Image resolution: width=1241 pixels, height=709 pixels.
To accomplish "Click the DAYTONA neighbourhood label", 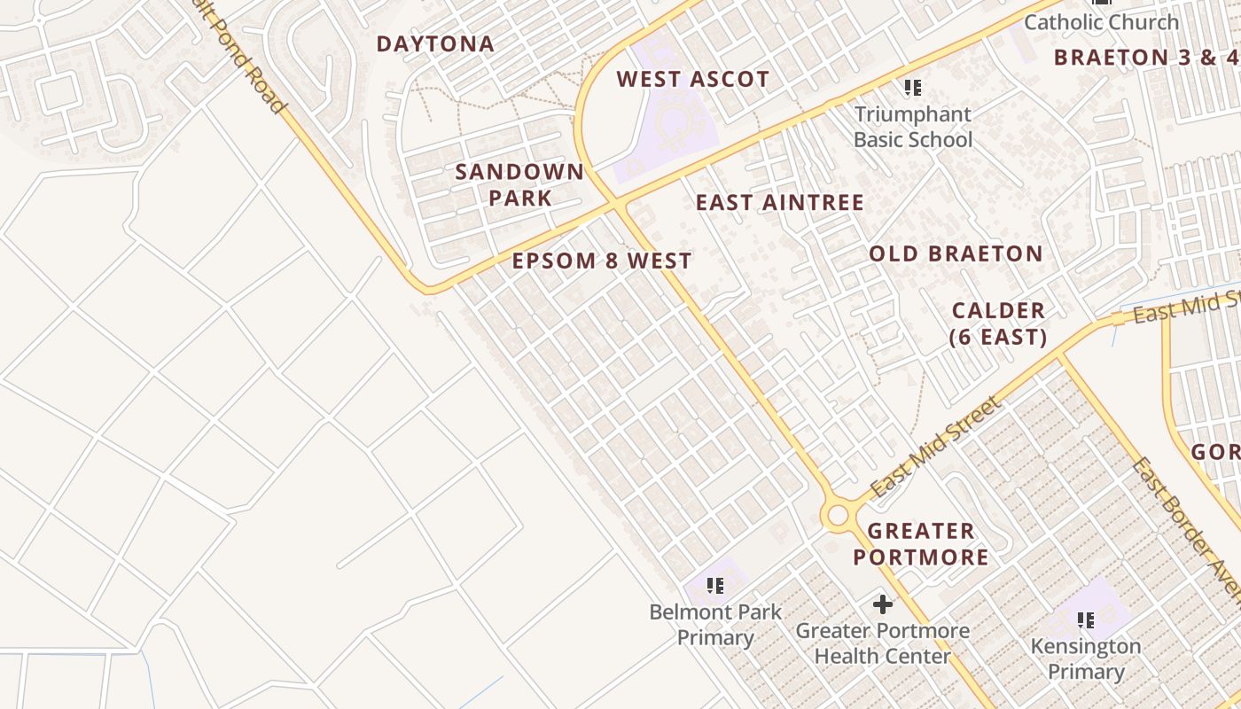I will (435, 44).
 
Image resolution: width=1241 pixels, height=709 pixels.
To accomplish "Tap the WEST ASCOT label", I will (692, 80).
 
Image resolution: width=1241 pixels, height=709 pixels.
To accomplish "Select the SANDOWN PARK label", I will (519, 184).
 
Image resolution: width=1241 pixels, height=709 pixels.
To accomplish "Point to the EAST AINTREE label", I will (779, 203).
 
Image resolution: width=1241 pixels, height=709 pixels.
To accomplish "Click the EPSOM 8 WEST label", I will (602, 261).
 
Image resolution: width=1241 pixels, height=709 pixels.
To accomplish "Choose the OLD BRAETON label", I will (956, 254).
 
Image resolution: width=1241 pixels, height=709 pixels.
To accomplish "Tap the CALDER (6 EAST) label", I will (998, 323).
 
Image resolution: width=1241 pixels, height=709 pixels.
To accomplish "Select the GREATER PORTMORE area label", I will (920, 544).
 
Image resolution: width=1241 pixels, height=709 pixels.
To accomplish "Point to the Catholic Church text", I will (1101, 22).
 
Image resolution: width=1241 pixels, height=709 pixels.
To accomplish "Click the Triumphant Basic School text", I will (913, 127).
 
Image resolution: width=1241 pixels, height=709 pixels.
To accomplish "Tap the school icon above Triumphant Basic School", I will (912, 88).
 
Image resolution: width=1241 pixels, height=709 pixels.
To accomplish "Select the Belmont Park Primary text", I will (715, 625).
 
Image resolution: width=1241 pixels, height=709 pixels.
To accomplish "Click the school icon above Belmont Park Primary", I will (715, 585).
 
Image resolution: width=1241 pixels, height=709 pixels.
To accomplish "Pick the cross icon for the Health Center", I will (882, 604).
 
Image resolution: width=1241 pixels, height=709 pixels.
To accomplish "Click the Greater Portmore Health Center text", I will (882, 644).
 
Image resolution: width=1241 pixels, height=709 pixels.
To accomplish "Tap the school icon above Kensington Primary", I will (1085, 619).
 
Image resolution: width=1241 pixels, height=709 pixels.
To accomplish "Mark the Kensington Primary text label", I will (1085, 658).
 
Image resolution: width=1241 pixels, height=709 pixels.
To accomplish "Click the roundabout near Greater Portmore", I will (837, 515).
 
